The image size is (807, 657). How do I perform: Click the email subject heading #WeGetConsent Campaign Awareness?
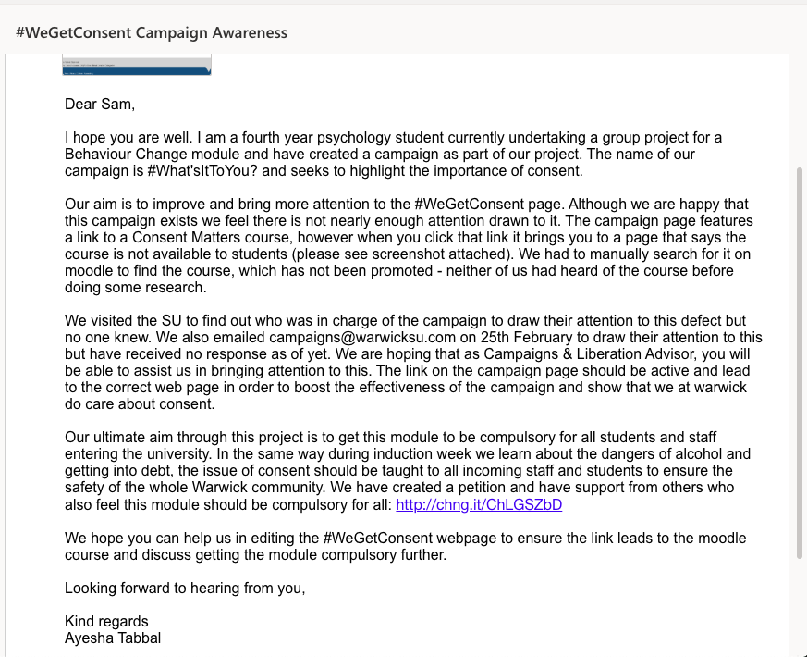tap(152, 32)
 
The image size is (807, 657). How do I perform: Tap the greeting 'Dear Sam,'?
tap(100, 104)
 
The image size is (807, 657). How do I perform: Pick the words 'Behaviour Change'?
tap(120, 154)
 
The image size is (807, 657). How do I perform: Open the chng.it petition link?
tap(479, 504)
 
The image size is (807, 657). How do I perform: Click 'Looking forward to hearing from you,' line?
tap(185, 588)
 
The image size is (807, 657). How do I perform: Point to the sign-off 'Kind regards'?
tap(106, 621)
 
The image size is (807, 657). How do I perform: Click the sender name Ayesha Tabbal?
tap(113, 638)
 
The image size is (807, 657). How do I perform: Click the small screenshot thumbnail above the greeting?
tap(137, 65)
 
